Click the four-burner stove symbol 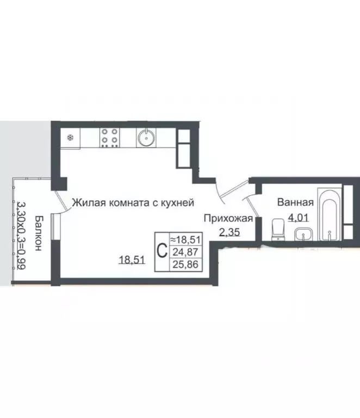coord(110,138)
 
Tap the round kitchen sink coord(146,138)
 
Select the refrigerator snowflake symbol coord(70,138)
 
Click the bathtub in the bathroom coord(330,214)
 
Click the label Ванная coord(295,203)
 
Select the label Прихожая coord(228,219)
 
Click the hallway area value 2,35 coord(228,233)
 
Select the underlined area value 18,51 coord(132,260)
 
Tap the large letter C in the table coord(162,251)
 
